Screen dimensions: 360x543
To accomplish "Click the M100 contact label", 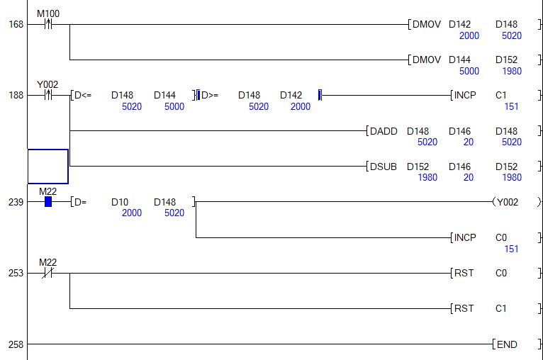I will tap(48, 13).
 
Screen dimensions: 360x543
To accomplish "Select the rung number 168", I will tap(16, 25).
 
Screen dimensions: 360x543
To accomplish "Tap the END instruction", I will tap(507, 344).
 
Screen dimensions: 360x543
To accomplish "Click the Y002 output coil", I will tap(507, 202).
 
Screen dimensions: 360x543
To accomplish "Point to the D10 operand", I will tap(119, 202).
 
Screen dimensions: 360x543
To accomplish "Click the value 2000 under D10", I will tap(132, 213).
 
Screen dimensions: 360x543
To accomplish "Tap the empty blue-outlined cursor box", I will tap(48, 167).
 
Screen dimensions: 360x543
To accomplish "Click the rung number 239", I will tap(16, 202).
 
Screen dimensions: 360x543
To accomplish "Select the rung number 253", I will tap(16, 273).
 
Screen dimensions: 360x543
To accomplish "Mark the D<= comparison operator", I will tap(83, 95).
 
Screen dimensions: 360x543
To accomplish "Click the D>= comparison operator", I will tap(211, 95).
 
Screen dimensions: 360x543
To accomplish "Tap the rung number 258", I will tap(16, 344).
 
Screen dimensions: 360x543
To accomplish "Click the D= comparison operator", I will tap(80, 202).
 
